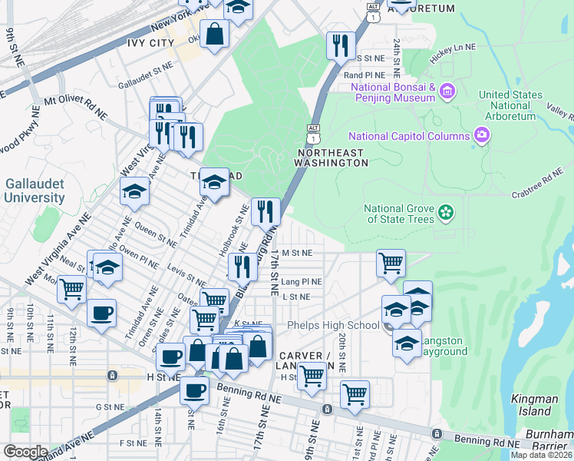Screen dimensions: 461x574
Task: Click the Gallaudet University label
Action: pyautogui.click(x=35, y=191)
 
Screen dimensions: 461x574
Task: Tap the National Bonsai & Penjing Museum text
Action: pyautogui.click(x=394, y=92)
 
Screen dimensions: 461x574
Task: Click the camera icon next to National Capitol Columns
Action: pyautogui.click(x=482, y=136)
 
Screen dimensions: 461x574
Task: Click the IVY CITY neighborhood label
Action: pyautogui.click(x=151, y=43)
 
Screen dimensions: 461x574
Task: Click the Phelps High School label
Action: pyautogui.click(x=333, y=325)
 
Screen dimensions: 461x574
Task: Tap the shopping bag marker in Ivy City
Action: pyautogui.click(x=215, y=34)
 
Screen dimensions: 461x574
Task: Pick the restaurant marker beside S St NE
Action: pyautogui.click(x=339, y=45)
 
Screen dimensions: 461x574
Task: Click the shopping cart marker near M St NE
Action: pyautogui.click(x=391, y=263)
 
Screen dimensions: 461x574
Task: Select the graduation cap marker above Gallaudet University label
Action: pyautogui.click(x=134, y=192)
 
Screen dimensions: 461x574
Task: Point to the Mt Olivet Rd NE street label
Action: pyautogui.click(x=75, y=105)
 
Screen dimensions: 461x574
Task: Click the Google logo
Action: pyautogui.click(x=25, y=452)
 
